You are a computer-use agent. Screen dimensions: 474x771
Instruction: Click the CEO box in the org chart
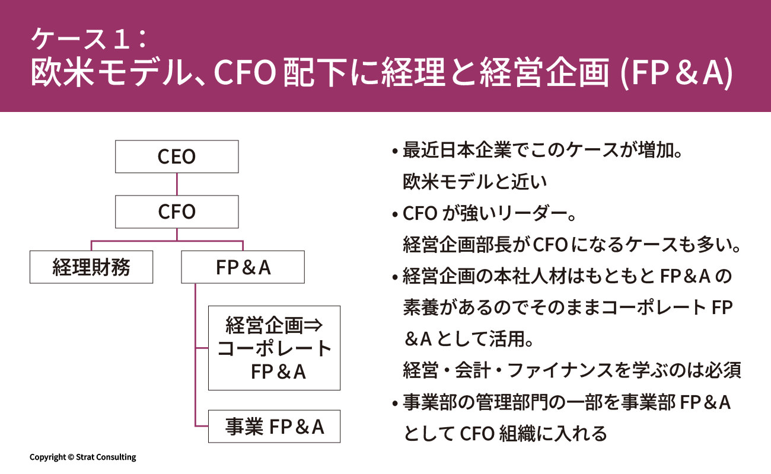pos(177,156)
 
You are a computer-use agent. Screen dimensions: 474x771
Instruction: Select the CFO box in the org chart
pos(177,212)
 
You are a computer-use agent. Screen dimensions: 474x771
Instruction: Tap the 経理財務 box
pos(91,267)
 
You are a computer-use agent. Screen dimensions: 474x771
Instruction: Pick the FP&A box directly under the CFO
pos(243,267)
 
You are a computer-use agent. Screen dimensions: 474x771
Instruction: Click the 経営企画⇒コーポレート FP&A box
pos(274,348)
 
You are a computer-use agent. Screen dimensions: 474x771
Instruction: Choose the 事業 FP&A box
pos(274,426)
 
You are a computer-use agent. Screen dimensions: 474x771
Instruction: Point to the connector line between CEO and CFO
pos(177,184)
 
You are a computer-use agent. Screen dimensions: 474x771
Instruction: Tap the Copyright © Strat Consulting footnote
pos(83,457)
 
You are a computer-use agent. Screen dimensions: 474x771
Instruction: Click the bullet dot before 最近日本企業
pos(394,152)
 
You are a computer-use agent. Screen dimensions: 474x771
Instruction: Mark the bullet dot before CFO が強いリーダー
pos(394,214)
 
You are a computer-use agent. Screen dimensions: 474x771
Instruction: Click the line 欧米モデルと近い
pos(474,182)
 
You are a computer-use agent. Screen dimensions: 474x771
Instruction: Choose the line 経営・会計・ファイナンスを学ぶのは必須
pos(572,371)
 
